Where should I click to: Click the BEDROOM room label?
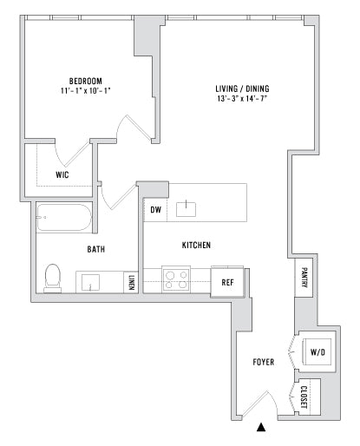coord(86,81)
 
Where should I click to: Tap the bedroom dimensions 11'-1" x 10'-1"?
coord(86,91)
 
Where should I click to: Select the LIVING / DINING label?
coord(242,89)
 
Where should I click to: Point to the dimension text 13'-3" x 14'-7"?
coord(242,99)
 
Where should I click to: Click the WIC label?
coord(62,174)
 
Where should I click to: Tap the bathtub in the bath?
coord(64,217)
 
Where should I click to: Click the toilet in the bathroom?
coord(53,278)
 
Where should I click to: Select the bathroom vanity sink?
coord(90,282)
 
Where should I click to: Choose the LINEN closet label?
coord(131,283)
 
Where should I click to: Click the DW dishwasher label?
coord(155,210)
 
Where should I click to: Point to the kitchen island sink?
coord(186,209)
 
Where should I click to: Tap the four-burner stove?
coord(176,279)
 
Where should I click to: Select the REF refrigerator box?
coord(227,282)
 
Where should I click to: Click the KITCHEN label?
coord(196,246)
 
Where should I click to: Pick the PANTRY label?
coord(304,278)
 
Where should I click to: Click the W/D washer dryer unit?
coord(317,351)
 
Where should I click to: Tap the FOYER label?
coord(264,362)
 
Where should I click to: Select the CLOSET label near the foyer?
coord(304,397)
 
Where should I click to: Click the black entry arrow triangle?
coord(261,428)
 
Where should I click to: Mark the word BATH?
coord(96,249)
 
